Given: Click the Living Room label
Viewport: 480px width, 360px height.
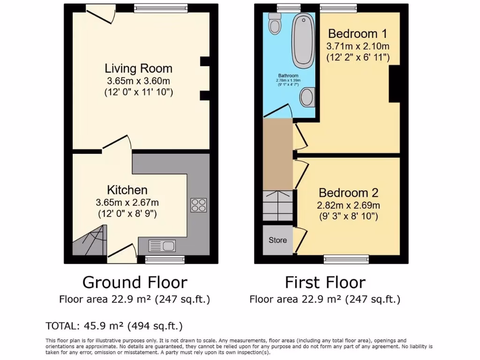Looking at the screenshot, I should pyautogui.click(x=138, y=68).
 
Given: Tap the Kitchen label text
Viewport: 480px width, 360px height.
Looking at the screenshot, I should pyautogui.click(x=127, y=190).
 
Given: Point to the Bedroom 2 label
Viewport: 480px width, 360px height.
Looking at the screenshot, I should pyautogui.click(x=349, y=193).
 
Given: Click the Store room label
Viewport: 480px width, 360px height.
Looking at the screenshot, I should pyautogui.click(x=277, y=240).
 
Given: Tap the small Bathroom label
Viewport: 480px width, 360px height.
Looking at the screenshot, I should pyautogui.click(x=288, y=75).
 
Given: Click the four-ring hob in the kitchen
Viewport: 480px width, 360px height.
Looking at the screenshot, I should pyautogui.click(x=199, y=205).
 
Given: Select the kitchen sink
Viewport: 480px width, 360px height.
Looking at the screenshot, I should pyautogui.click(x=162, y=245).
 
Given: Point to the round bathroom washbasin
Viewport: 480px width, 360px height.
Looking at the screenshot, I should pyautogui.click(x=307, y=97).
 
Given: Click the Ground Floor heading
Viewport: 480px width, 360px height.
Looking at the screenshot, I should pyautogui.click(x=135, y=282).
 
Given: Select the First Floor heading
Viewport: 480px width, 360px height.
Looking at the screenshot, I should pyautogui.click(x=325, y=282).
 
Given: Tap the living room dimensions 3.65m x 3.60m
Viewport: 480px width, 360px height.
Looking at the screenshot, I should pyautogui.click(x=138, y=81).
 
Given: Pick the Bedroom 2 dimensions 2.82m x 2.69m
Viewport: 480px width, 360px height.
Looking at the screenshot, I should pyautogui.click(x=349, y=205).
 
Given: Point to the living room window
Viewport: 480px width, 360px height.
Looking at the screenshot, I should pyautogui.click(x=150, y=8).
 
